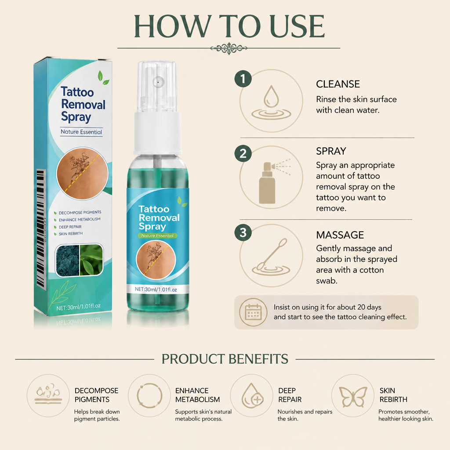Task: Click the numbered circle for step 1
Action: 243,79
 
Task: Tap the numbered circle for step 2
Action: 243,153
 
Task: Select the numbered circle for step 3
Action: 243,232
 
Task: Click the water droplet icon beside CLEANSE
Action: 271,102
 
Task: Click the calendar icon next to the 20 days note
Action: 253,312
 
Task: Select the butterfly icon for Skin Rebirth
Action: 353,397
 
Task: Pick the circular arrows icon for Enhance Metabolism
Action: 149,396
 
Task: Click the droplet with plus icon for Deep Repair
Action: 253,396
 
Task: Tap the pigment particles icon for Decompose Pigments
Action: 48,394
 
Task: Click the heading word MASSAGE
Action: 340,235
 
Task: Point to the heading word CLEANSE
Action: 338,84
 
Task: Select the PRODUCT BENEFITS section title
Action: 225,359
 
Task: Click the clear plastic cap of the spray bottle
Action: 157,87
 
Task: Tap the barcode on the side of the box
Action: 41,228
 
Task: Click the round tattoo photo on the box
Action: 82,174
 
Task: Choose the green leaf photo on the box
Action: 91,260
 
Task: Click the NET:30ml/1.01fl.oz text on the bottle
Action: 156,289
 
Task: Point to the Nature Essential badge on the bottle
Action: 157,236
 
